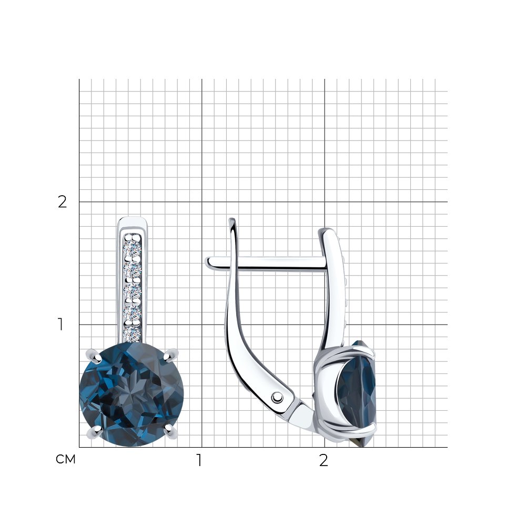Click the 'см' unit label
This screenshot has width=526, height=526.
coord(65,459)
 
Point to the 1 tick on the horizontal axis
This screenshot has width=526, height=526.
coord(199,460)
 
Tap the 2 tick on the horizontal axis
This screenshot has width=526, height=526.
coord(323,460)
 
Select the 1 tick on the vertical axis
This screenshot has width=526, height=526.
coord(60,325)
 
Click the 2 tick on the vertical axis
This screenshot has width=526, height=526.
coord(63,201)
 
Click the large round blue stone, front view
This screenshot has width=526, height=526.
coord(131,394)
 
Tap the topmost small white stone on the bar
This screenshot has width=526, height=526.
coord(133,249)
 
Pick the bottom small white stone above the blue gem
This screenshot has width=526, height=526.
coord(133,333)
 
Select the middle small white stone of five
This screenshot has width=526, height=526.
coord(133,291)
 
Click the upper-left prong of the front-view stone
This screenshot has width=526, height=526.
coord(94,356)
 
